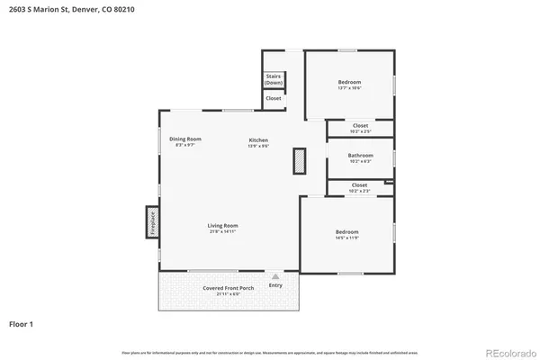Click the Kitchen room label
tap(258, 139)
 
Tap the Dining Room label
tap(185, 139)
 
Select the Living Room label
tap(222, 225)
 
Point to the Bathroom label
tap(360, 156)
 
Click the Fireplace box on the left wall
tap(151, 222)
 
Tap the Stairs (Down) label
tap(274, 79)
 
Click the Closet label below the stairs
tap(273, 98)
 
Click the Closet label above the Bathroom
tap(360, 126)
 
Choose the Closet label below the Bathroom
tap(359, 185)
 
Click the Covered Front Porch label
tap(228, 288)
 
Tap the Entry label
tap(275, 285)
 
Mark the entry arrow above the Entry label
tap(275, 275)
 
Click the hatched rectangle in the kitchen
tap(299, 161)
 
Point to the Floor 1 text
tap(22, 322)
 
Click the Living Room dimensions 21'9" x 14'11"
tap(222, 232)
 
